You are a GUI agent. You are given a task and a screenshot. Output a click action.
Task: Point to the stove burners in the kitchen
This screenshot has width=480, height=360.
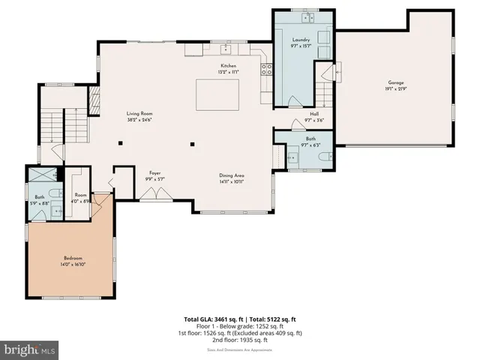[x=265, y=70]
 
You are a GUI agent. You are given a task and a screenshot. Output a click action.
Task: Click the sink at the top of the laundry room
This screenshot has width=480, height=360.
[x=307, y=16]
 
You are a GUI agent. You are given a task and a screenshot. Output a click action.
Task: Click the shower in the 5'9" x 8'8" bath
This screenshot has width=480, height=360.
[x=37, y=175]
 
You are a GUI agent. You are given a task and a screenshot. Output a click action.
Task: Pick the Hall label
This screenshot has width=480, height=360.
[x=314, y=115]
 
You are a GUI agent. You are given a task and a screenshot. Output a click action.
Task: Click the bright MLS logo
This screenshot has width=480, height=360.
[x=30, y=350]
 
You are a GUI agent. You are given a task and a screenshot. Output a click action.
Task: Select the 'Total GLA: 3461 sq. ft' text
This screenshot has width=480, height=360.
[x=212, y=319]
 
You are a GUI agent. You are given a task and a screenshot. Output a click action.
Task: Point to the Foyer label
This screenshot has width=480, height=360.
[x=154, y=172]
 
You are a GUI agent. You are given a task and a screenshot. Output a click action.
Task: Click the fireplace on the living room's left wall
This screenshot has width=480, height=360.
[x=94, y=100]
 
